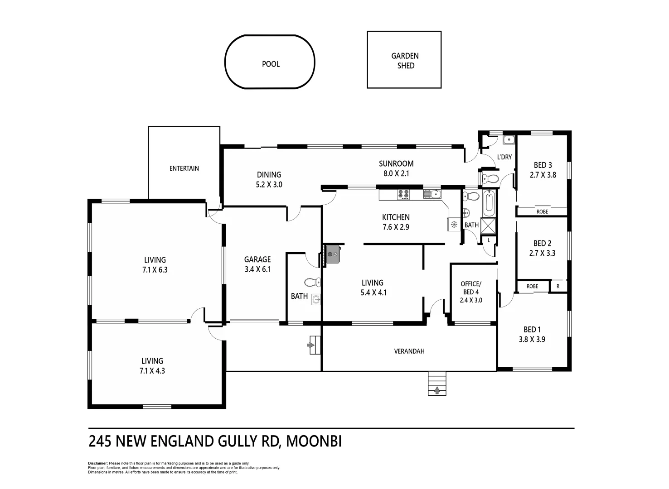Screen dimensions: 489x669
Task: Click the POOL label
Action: [271, 64]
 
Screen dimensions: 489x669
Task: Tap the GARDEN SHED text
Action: [405, 61]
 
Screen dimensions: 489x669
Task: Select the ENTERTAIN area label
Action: [184, 168]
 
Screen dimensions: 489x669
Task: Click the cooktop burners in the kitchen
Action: [403, 195]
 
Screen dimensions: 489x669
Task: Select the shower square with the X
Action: [489, 225]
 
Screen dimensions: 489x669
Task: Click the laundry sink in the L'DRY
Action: [509, 140]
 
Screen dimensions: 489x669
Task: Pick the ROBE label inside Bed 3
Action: [542, 211]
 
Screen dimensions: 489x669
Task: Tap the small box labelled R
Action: [558, 286]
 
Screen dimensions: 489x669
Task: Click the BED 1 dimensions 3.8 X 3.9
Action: [532, 339]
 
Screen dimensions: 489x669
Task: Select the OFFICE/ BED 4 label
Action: [471, 288]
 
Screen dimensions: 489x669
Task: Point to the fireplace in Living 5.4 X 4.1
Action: [334, 254]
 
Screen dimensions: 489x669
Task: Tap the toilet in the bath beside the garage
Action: [312, 283]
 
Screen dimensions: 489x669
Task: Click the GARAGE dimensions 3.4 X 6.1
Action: [257, 269]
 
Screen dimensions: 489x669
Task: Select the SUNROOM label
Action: [396, 163]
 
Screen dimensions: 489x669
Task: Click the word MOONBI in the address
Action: [314, 441]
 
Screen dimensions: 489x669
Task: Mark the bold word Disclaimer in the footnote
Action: [98, 464]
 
